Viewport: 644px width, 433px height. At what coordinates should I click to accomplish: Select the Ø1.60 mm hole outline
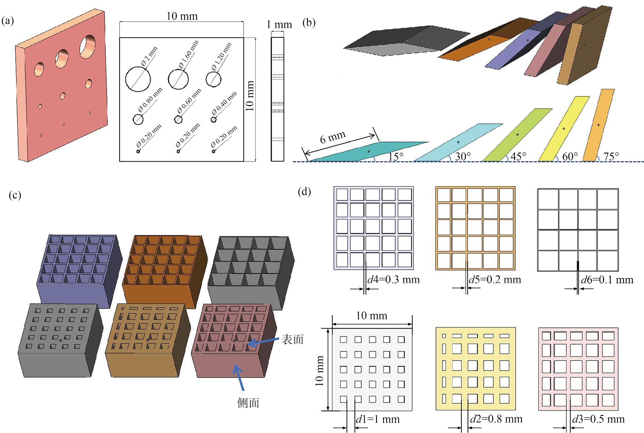click(168, 79)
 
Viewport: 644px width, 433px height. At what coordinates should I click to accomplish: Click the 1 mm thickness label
click(279, 24)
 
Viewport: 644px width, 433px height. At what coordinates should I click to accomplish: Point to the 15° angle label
click(396, 156)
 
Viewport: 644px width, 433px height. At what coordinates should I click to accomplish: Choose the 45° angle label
click(518, 156)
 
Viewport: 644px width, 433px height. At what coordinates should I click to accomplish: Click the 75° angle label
click(611, 156)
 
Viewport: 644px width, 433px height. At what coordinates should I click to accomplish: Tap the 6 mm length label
click(333, 137)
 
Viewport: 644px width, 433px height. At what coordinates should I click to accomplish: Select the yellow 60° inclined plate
click(564, 129)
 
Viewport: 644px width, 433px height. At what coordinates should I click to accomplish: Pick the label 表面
click(292, 339)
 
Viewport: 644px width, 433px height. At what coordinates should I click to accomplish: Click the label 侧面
click(248, 403)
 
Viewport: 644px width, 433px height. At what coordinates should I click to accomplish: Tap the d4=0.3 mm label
click(393, 280)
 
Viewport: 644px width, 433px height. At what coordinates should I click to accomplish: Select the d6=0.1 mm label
click(607, 280)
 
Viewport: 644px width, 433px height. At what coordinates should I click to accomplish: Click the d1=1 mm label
click(378, 419)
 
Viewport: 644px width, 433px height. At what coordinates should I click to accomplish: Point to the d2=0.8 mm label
click(496, 419)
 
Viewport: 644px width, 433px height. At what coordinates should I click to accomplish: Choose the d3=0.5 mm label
click(598, 419)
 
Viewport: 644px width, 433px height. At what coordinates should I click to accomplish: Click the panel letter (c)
click(15, 195)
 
